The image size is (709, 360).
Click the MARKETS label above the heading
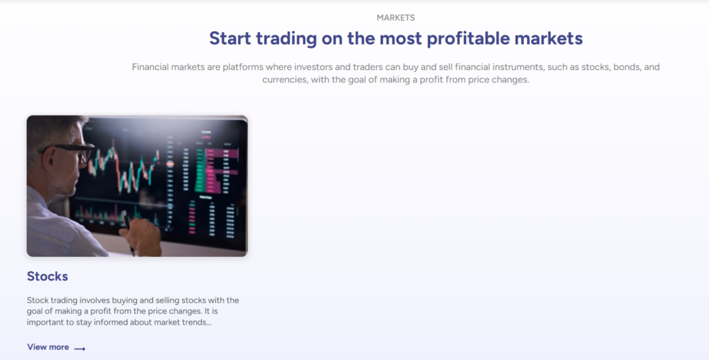pos(395,17)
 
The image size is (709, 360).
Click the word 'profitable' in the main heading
pos(468,39)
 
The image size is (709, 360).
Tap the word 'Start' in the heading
pos(230,39)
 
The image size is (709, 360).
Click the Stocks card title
pos(48,276)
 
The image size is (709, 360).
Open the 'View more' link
pos(48,347)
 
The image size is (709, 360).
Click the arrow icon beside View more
pos(80,349)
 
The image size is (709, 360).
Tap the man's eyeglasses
pos(71,152)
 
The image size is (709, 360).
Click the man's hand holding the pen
pos(141,235)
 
